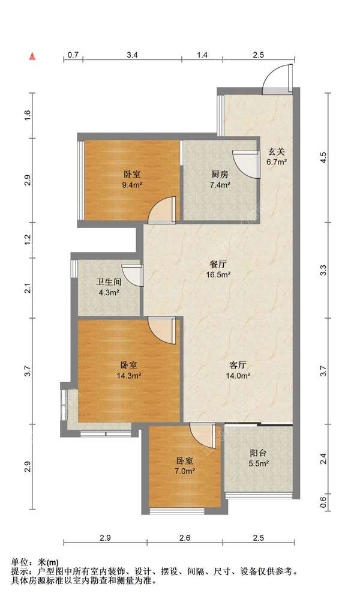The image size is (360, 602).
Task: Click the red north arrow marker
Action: [32, 56]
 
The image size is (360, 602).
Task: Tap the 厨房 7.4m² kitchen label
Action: [220, 179]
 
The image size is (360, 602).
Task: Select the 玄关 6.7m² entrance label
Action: [277, 157]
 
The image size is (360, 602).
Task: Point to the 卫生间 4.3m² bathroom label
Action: [109, 287]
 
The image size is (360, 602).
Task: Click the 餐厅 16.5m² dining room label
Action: [218, 269]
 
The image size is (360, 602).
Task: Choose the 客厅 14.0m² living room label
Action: [238, 370]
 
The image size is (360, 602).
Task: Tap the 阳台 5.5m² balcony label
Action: [258, 458]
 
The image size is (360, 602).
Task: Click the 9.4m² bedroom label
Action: [132, 179]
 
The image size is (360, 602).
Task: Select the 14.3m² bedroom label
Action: [129, 370]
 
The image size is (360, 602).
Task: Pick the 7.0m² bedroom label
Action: [185, 465]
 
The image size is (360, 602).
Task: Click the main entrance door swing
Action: [277, 79]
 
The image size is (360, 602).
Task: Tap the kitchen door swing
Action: [245, 164]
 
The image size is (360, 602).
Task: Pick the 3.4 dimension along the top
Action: [132, 55]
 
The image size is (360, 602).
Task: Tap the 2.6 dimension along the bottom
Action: [185, 538]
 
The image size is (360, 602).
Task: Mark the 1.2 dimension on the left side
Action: [27, 239]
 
